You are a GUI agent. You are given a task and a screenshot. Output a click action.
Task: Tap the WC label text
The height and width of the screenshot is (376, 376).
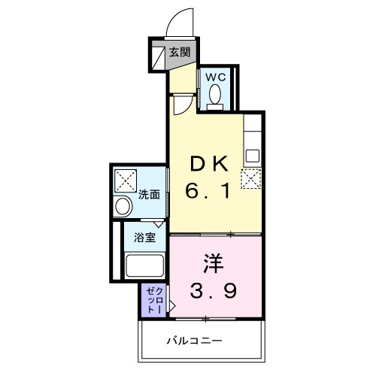(x=216, y=77)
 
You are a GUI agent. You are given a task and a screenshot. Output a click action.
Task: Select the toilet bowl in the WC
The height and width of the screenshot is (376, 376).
(x=216, y=96)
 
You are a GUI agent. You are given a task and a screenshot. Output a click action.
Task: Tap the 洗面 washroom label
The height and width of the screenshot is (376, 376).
(x=149, y=194)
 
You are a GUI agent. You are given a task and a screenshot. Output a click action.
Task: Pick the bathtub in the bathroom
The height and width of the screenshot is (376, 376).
(x=145, y=268)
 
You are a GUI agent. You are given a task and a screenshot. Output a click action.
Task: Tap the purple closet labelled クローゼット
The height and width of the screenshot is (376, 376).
(x=153, y=299)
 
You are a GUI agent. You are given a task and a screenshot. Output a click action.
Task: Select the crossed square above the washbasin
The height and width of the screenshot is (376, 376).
(x=125, y=180)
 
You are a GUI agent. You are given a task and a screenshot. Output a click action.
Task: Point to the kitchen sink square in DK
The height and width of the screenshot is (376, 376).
(x=253, y=156)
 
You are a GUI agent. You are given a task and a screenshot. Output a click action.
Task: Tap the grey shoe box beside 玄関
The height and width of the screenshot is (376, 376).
(x=158, y=56)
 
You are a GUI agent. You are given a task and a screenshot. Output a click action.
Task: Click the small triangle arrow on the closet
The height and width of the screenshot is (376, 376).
(x=171, y=306)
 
